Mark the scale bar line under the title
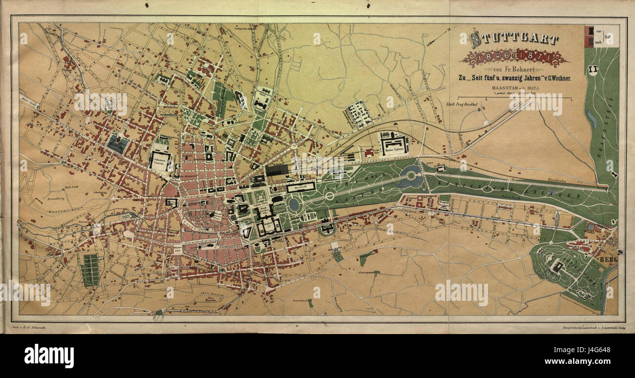(x=514, y=98)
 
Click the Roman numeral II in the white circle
(x=593, y=69)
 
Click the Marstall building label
(x=300, y=187)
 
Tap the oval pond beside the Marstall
(x=294, y=205)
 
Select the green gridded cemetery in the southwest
(x=90, y=270)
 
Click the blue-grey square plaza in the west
(x=118, y=144)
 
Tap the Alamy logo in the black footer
(x=49, y=356)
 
